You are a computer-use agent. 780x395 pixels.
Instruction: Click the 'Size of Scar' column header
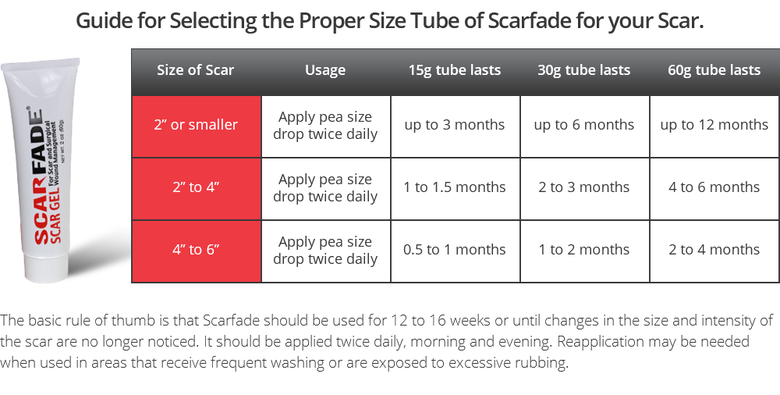coord(196,70)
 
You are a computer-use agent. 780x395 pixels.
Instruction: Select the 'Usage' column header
coord(325,70)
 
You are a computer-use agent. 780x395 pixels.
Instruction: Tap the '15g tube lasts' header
coord(455,70)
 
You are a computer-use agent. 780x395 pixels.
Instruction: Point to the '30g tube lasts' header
coord(584,70)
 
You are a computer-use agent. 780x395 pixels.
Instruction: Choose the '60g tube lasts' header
coord(714,70)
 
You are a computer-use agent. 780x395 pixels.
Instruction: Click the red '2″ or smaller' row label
coord(196,125)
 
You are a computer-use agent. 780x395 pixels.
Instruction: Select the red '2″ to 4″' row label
coord(196,187)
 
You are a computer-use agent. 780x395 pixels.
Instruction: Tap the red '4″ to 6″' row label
coord(196,250)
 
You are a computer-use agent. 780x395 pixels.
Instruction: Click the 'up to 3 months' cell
coord(455,125)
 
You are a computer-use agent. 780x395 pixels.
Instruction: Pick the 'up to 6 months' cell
coord(584,125)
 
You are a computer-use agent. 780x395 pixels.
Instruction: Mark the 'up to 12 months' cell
coord(714,125)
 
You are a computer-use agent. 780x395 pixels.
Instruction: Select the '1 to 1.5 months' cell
coord(455,187)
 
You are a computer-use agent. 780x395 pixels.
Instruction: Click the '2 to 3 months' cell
coord(584,187)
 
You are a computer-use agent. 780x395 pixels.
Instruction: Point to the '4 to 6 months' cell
coord(714,187)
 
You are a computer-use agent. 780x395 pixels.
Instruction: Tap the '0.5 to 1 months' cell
coord(455,250)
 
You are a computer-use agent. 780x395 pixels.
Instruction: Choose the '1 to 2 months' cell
coord(584,250)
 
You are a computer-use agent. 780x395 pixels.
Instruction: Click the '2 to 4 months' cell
coord(714,250)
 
